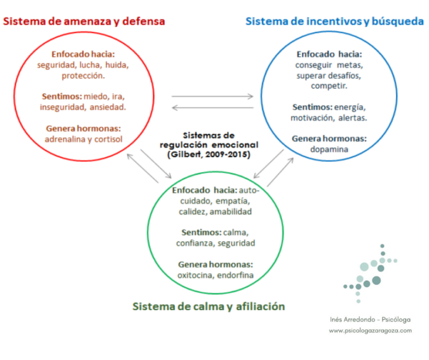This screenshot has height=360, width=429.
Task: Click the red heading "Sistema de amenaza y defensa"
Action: tap(84, 21)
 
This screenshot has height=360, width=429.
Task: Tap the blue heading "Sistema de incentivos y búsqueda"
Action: tap(335, 21)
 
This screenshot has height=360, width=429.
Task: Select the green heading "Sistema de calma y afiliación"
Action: tap(209, 306)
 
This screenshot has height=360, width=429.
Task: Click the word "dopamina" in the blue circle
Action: tap(329, 149)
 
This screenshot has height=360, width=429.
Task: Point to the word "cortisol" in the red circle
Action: tap(108, 139)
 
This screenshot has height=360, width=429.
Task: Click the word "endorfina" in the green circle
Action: tap(235, 275)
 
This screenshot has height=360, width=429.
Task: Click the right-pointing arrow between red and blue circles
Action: tap(212, 96)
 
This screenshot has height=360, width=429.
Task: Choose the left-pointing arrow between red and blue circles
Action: tap(213, 107)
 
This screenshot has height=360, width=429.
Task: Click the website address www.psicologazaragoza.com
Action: tap(370, 331)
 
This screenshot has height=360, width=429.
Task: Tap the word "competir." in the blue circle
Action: tap(329, 86)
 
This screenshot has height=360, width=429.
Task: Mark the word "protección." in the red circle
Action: tap(83, 75)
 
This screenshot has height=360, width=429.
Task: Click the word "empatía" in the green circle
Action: tap(232, 201)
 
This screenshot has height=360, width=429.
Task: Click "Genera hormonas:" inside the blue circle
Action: tap(329, 139)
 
